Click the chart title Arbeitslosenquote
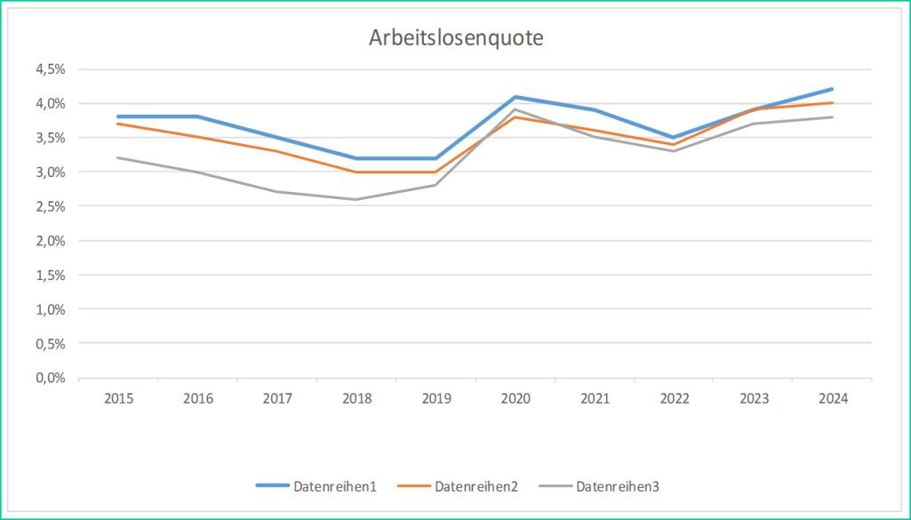coord(456,38)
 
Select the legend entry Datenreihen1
coord(335,486)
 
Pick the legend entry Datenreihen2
coord(475,486)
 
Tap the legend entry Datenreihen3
coord(616,486)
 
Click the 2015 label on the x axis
coord(118,399)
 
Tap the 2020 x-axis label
coord(515,399)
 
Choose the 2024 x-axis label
coord(833,399)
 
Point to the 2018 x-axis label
coord(356,399)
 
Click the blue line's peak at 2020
coord(515,97)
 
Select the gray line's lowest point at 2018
coord(356,199)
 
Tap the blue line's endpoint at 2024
coord(833,89)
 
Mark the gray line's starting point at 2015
coord(118,158)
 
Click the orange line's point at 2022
coord(674,144)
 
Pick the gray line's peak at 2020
coord(515,109)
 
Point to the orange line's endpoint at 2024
coord(833,103)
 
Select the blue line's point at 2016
coord(197,116)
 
